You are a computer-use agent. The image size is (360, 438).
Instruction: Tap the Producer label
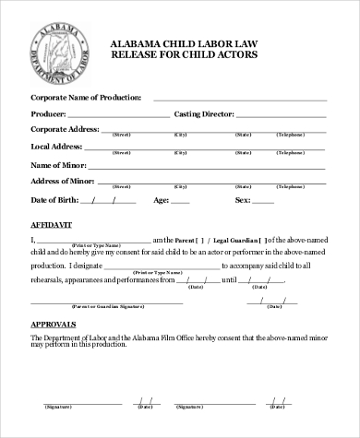[52, 113]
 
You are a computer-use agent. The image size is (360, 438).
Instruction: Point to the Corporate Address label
[65, 130]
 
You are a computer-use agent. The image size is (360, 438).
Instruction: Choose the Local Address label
[57, 147]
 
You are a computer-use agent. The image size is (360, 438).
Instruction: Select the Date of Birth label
[55, 199]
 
